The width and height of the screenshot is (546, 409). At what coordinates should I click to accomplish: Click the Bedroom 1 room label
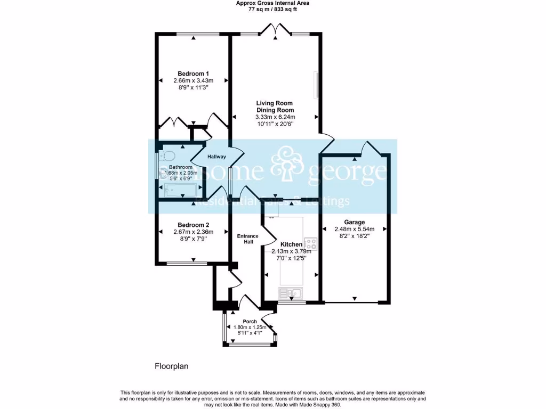pyautogui.click(x=193, y=73)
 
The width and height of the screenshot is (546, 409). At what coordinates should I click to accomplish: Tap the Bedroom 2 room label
pyautogui.click(x=193, y=225)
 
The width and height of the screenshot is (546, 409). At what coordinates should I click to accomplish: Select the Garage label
pyautogui.click(x=354, y=222)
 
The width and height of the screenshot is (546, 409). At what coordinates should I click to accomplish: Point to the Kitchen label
pyautogui.click(x=291, y=244)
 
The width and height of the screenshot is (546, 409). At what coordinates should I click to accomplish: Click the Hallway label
pyautogui.click(x=216, y=157)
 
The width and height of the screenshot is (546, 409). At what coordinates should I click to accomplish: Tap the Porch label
pyautogui.click(x=250, y=322)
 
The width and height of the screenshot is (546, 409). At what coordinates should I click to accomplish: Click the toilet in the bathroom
pyautogui.click(x=169, y=156)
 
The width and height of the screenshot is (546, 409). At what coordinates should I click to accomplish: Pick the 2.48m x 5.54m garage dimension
pyautogui.click(x=354, y=230)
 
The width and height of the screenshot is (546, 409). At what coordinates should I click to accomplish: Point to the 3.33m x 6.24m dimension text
pyautogui.click(x=275, y=117)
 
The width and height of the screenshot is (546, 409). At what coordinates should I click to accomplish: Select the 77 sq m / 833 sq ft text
pyautogui.click(x=272, y=9)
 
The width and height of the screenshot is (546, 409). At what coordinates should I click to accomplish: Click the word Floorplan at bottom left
pyautogui.click(x=172, y=366)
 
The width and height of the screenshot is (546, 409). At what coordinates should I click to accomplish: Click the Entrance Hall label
pyautogui.click(x=247, y=239)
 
